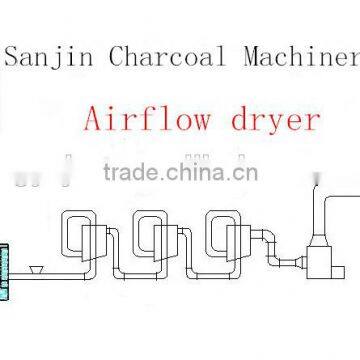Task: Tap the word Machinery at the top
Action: [299, 57]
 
